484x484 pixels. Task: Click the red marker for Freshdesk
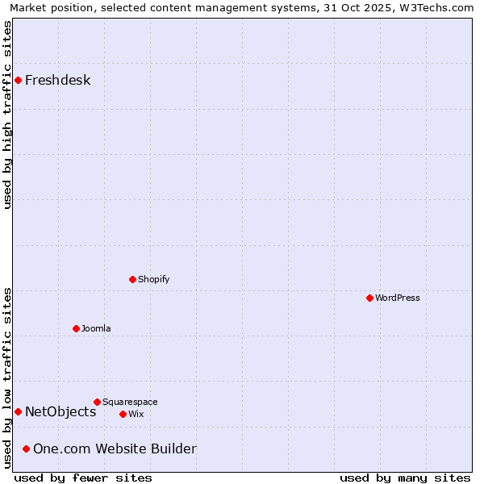18,80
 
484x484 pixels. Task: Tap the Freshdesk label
57,80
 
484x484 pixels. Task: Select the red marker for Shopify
132,279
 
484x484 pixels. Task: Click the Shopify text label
153,279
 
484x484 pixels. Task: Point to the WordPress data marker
369,298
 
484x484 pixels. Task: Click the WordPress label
397,298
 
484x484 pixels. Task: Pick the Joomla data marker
76,328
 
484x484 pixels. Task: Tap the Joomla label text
96,328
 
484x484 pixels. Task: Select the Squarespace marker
97,402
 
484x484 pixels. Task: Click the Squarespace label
130,402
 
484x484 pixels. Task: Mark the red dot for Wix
123,414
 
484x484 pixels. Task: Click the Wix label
136,414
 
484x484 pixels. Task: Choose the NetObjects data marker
18,411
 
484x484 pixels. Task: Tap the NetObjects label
60,411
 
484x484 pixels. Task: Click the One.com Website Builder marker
26,449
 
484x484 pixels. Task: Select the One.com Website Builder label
115,449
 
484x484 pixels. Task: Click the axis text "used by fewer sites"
83,478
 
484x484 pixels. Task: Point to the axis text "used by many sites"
405,478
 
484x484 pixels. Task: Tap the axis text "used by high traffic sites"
7,115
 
